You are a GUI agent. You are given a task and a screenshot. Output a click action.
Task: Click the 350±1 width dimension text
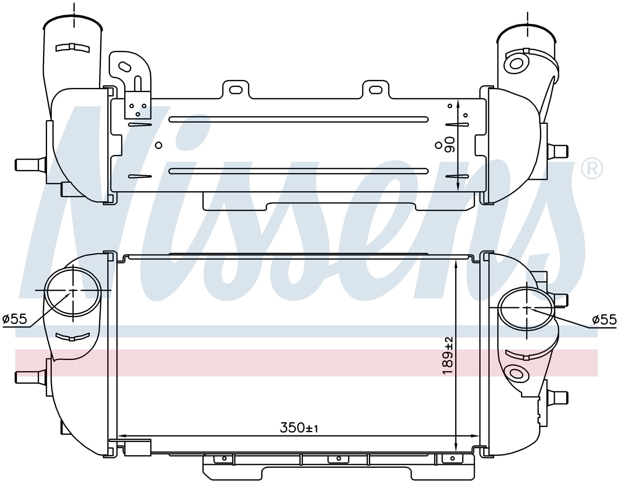coord(299,428)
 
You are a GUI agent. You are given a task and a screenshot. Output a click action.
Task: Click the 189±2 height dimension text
coord(448,355)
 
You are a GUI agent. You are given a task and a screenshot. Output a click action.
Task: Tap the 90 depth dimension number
coord(449,145)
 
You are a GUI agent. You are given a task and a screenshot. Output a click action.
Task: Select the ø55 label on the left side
coord(15,319)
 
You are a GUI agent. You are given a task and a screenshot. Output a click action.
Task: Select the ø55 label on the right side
coord(604,320)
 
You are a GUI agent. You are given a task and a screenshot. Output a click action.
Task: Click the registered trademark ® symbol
coord(592,168)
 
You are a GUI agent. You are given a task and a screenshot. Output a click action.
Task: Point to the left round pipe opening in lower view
coord(73,291)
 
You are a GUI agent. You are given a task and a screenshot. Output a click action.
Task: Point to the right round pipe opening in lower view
coord(526,309)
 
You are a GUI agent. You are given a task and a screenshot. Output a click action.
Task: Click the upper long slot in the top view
coord(299,119)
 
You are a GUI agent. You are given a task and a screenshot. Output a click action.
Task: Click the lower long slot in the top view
coord(299,171)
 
